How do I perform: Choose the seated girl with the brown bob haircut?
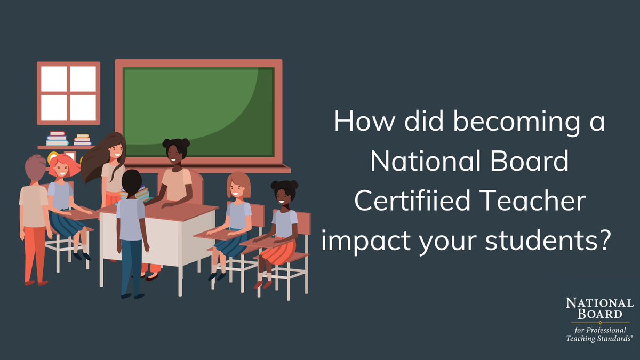[x=238, y=213]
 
